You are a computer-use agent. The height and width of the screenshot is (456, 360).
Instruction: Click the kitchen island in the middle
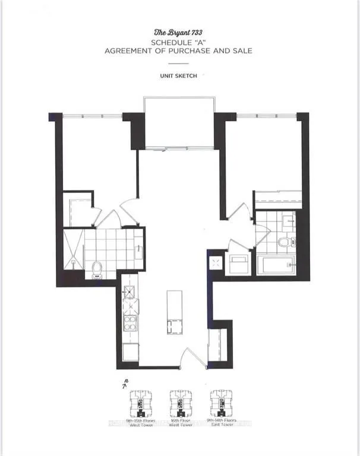click(x=174, y=312)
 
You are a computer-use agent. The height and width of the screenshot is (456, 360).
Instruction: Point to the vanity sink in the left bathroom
click(x=138, y=249)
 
